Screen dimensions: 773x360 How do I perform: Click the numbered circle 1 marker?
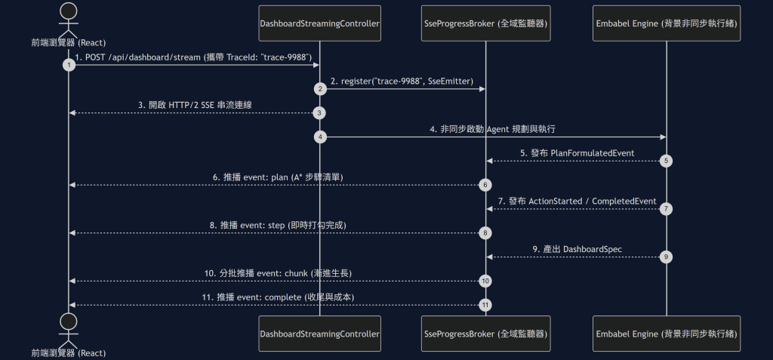pos(69,65)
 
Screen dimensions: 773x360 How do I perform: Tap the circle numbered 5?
pos(666,162)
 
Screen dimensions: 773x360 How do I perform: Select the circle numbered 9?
pos(666,257)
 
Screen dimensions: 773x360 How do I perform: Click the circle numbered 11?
pos(485,305)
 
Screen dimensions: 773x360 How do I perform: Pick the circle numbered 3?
pos(319,113)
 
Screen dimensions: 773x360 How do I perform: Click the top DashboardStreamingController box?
pos(319,23)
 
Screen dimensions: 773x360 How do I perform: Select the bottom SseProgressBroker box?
pos(485,334)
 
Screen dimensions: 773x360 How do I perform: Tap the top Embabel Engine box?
pos(667,23)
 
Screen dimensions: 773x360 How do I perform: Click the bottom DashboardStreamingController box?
pos(319,334)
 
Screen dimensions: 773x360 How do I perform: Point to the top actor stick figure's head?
pos(69,11)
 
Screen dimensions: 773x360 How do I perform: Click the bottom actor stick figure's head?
pos(69,322)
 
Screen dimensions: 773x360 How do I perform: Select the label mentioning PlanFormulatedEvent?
pos(577,153)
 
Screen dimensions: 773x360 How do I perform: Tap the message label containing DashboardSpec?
pos(577,249)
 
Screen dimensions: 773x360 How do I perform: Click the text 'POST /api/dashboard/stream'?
pos(143,57)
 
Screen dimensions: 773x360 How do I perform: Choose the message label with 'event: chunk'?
pos(278,273)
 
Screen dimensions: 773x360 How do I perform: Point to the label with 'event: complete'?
pos(278,297)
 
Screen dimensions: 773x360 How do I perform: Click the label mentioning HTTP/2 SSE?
pos(196,105)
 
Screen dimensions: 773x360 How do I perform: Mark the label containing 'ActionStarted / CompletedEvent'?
pos(577,202)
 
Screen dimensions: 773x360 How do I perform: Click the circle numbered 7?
pos(666,209)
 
